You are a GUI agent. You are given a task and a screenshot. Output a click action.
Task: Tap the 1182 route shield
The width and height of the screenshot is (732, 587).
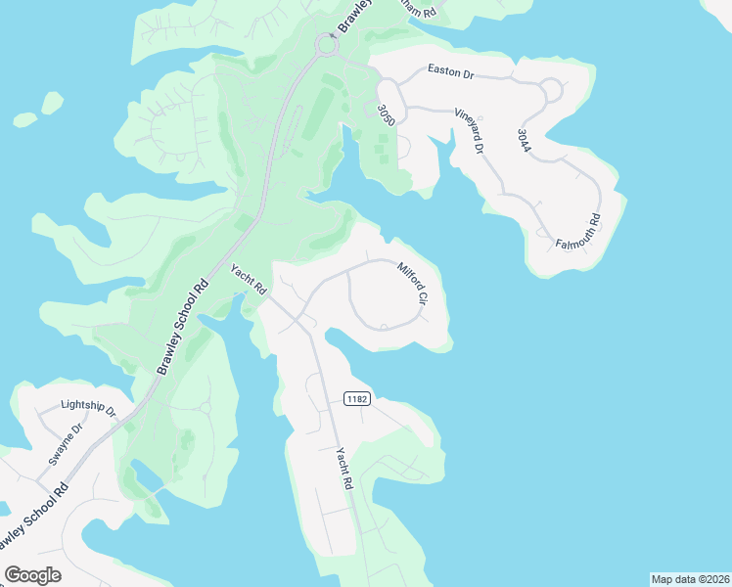tap(356, 398)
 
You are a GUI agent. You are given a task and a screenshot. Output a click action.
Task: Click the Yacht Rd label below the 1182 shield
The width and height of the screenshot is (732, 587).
tap(343, 469)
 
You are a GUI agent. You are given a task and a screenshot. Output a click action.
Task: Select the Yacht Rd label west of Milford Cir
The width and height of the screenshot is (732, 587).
tap(249, 280)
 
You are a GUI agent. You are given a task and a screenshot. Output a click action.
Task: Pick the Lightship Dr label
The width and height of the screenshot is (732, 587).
tap(87, 405)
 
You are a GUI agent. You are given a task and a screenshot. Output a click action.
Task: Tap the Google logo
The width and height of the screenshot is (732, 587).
tap(32, 574)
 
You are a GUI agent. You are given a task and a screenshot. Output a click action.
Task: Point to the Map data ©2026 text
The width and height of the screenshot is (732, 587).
tap(689, 579)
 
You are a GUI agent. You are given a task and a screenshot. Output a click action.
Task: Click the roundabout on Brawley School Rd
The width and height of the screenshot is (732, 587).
tap(326, 45)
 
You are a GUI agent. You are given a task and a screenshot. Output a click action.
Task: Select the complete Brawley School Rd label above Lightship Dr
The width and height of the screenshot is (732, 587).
tap(183, 328)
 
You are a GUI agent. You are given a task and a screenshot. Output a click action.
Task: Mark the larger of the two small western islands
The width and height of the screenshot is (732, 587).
tap(52, 102)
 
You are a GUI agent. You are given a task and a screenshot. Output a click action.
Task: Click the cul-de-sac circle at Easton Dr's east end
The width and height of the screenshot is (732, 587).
tap(551, 91)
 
